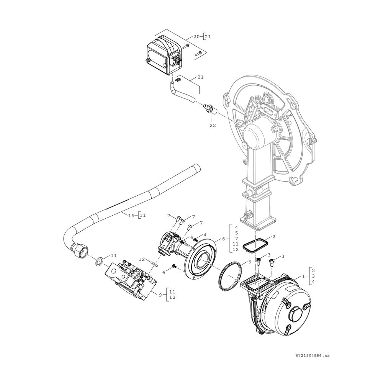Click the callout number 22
(213, 125)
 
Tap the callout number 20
(196, 37)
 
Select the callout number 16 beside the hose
(131, 215)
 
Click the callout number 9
(160, 295)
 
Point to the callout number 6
(223, 239)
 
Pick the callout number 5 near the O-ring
(250, 262)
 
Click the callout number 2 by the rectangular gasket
(274, 236)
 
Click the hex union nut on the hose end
(80, 250)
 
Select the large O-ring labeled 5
(231, 276)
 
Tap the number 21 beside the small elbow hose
(201, 77)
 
